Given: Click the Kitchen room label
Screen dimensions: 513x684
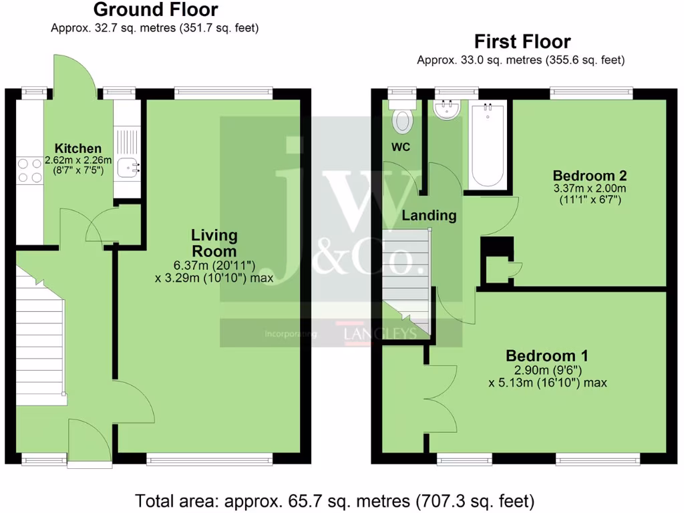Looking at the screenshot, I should coord(78,148).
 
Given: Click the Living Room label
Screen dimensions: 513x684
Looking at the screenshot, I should coord(214,243).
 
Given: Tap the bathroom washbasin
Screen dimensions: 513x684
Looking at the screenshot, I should coord(446,110).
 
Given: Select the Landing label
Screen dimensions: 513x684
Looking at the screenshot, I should coord(428,216).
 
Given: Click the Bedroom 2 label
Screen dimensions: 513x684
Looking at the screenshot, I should coord(589,176).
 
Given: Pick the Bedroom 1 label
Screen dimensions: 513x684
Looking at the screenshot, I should coord(546,355).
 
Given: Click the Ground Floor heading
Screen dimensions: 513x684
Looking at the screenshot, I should coord(155,10).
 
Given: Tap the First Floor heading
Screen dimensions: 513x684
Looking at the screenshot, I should coord(522,41).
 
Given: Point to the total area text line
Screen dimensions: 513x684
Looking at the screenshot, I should coord(335,500).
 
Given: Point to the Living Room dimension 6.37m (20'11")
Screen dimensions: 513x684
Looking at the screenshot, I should coord(214,265).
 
